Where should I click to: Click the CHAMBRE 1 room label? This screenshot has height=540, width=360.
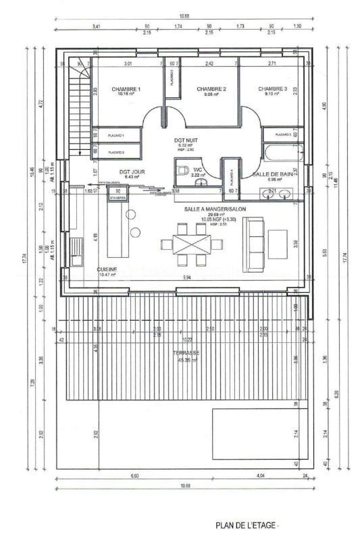[126, 90]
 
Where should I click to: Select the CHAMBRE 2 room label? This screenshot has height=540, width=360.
[211, 90]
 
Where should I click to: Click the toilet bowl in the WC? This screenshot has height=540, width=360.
[183, 171]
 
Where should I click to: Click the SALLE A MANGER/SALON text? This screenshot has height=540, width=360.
[214, 209]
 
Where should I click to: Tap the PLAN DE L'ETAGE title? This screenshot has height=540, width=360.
[247, 524]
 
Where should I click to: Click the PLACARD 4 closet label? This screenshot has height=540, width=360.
[231, 177]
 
